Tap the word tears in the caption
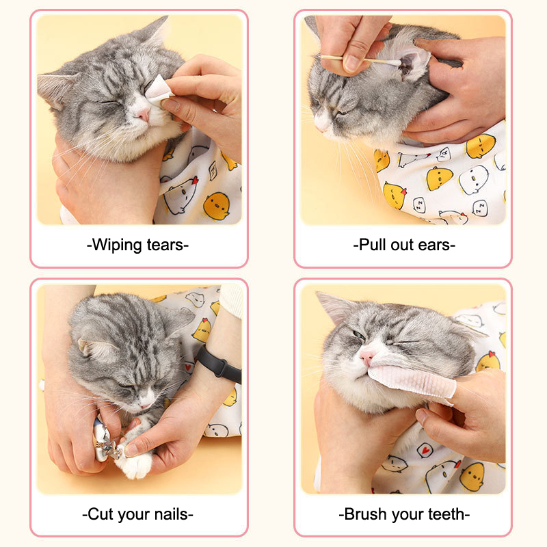coord(165,245)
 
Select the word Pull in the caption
coord(372,245)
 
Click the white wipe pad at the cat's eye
coord(159,90)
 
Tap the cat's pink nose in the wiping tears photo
coord(143,114)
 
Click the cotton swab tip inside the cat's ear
coord(395,63)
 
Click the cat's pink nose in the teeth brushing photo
coord(367,357)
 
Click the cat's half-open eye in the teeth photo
coord(359,336)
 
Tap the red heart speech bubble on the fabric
coord(425,450)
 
